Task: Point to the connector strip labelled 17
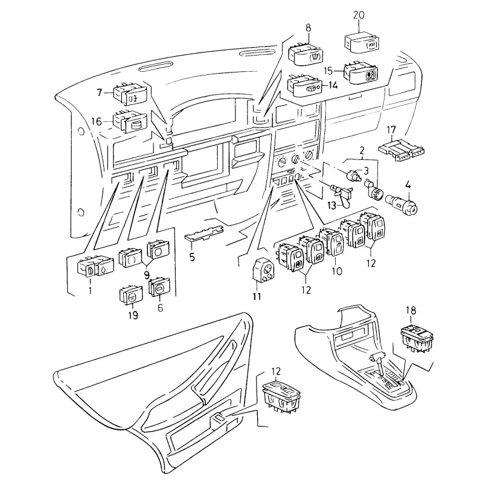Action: [399, 150]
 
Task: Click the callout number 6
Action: [160, 307]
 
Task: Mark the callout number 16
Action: [97, 121]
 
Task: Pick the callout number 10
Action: [336, 272]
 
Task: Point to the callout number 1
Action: [91, 290]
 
